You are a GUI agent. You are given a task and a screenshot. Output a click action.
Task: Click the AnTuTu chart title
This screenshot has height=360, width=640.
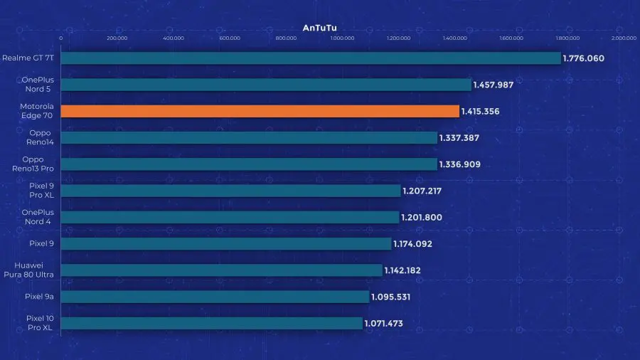click(320, 28)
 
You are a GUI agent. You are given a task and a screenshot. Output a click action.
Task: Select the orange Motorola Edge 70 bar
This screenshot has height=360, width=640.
click(260, 111)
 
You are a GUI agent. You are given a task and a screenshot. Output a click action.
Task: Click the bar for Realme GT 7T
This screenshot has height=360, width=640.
click(311, 58)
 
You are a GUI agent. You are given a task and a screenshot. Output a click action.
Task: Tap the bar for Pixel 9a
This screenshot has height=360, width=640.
click(215, 297)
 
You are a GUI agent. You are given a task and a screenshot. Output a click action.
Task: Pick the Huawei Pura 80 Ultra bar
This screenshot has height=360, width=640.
click(221, 270)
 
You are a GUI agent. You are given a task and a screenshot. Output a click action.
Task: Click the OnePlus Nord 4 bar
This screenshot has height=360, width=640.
click(230, 217)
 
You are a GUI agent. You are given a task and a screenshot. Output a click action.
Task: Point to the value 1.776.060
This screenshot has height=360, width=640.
click(583, 58)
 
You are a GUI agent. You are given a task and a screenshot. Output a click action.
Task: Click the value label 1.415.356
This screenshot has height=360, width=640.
click(482, 112)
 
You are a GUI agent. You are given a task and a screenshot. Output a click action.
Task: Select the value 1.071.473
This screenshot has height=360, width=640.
click(384, 324)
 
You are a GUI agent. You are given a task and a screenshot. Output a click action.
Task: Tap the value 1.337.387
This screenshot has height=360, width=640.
click(460, 138)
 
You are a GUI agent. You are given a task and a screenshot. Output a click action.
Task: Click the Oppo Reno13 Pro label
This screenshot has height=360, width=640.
click(33, 164)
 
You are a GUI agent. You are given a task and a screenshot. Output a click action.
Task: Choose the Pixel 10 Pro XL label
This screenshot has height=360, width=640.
click(33, 323)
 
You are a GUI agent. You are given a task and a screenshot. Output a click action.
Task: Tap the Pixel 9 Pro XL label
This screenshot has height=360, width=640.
click(33, 191)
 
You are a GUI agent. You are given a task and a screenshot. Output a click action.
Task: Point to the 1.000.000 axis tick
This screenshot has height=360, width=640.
click(342, 38)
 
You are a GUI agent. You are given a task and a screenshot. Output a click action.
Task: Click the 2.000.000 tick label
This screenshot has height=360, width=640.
click(623, 38)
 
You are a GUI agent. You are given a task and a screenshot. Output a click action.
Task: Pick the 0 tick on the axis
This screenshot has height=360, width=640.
click(61, 38)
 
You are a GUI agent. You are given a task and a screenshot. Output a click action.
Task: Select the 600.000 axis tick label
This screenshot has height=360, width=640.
click(230, 38)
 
